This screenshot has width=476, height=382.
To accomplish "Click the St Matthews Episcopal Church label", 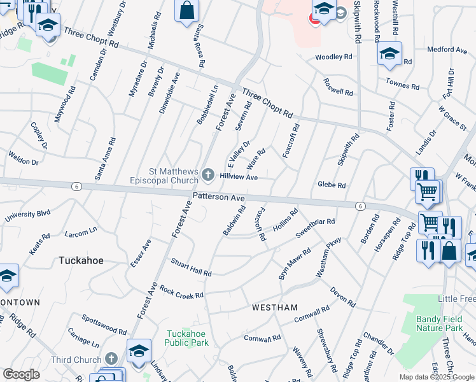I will [x=174, y=176].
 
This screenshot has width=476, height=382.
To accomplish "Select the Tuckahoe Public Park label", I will [x=187, y=338].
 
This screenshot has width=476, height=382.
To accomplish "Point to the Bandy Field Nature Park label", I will [x=438, y=323].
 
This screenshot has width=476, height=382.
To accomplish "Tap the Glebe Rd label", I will [x=332, y=185].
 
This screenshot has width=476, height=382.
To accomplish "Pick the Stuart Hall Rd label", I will [x=191, y=267].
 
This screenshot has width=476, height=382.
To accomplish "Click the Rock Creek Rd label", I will [x=181, y=292].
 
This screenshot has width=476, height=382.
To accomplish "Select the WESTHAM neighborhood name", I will [x=275, y=308].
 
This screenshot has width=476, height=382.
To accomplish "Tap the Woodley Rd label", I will [x=334, y=57].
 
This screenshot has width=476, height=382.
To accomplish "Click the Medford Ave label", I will [x=447, y=49].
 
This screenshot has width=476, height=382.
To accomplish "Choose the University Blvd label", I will [x=27, y=216].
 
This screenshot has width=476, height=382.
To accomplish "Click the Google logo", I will [x=21, y=374].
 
